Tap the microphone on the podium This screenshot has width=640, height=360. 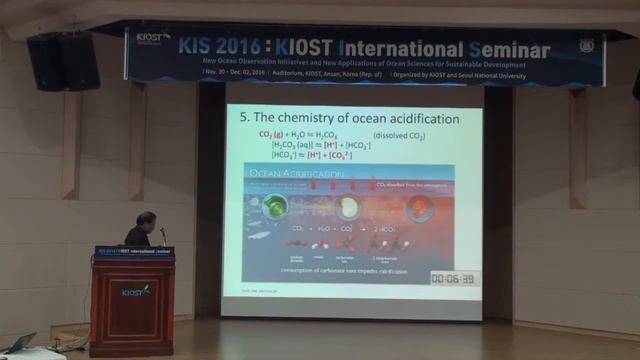pyautogui.click(x=163, y=234)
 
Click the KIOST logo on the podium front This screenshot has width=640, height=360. pyautogui.click(x=134, y=291)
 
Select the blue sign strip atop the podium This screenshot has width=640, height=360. pyautogui.click(x=134, y=252)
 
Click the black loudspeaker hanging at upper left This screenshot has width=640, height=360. pyautogui.click(x=65, y=62)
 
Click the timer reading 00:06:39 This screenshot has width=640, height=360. pyautogui.click(x=453, y=278)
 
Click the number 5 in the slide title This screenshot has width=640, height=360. pyautogui.click(x=243, y=118)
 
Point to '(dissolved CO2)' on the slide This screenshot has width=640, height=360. pyautogui.click(x=404, y=134)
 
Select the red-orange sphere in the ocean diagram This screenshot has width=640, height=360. pyautogui.click(x=421, y=208)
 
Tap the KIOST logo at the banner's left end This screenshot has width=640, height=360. pyautogui.click(x=152, y=38)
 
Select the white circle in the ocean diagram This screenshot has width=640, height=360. pyautogui.click(x=348, y=207)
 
